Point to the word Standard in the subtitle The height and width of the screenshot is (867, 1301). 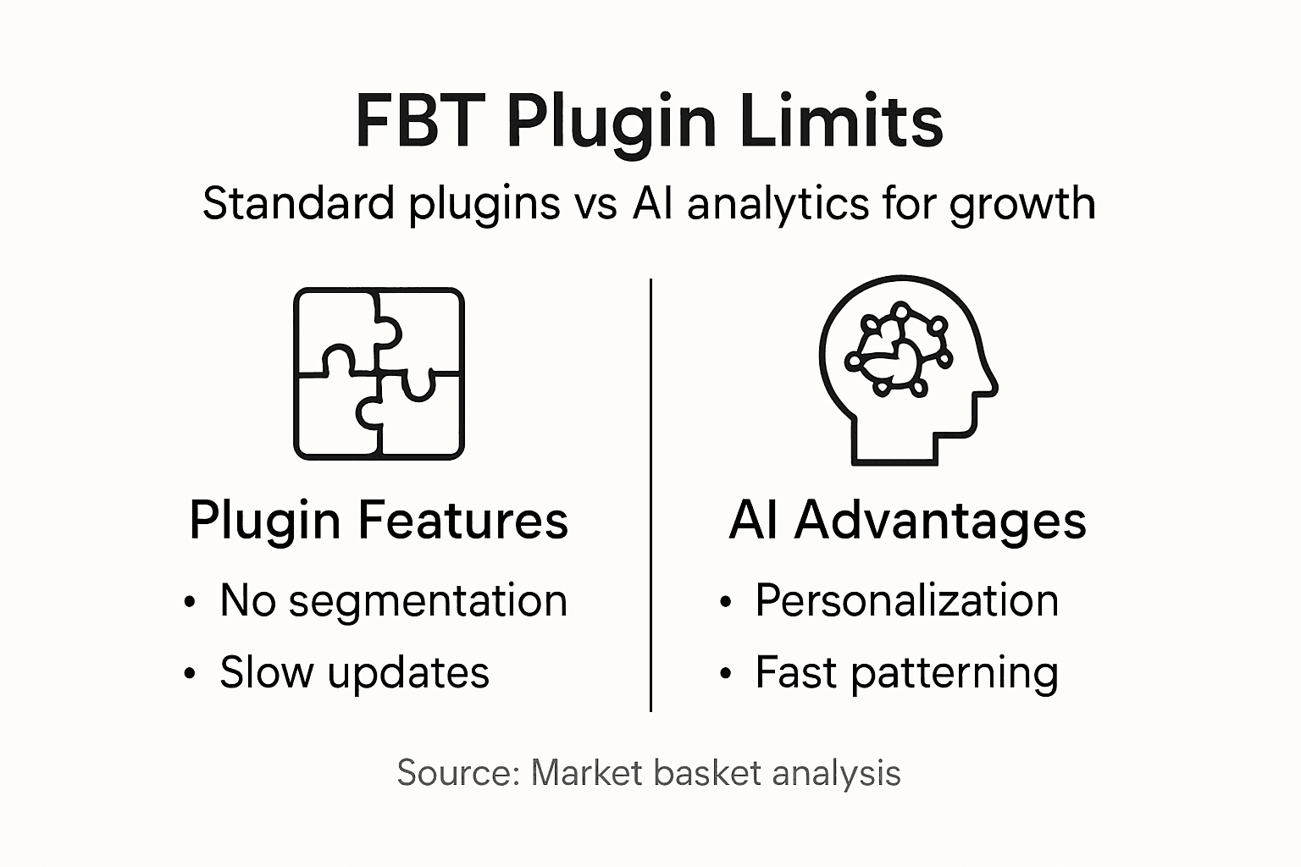point(299,204)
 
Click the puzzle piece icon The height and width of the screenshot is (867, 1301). point(379,373)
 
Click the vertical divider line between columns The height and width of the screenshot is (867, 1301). point(650,494)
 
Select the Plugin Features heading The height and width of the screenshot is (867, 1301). point(379,520)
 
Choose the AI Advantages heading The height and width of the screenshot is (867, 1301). point(907,520)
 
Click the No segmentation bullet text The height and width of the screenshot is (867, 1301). point(393,601)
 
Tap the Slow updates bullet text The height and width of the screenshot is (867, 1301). point(354,673)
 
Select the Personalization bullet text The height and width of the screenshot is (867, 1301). point(906,601)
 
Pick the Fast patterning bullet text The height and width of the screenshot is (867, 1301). point(906,673)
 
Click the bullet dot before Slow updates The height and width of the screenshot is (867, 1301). point(190,675)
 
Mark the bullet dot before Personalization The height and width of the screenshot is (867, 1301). point(725,603)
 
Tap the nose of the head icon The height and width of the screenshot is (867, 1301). point(993,389)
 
